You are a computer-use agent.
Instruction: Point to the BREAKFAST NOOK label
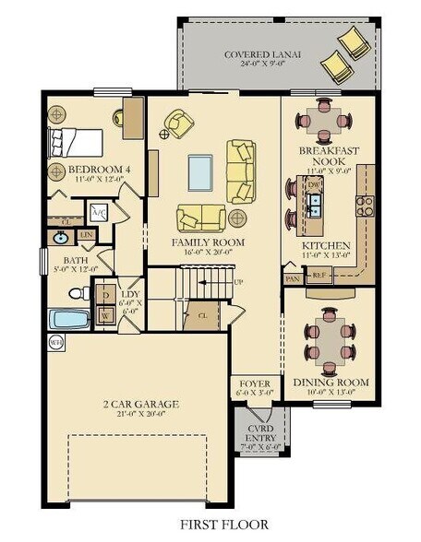(328, 155)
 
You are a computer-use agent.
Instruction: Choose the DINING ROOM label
(330, 383)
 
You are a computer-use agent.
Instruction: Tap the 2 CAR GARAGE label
(140, 404)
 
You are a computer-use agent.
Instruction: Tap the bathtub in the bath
(69, 320)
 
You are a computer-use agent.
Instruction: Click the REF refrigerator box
(319, 275)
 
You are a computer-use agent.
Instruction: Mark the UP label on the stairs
(239, 281)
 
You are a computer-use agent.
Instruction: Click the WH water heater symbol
(54, 341)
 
